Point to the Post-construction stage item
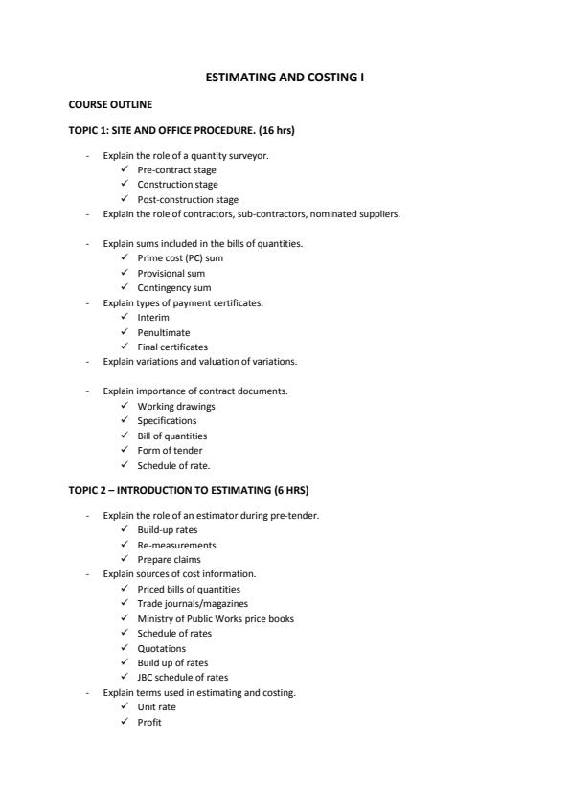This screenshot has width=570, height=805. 188,199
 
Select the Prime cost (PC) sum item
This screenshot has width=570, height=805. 180,257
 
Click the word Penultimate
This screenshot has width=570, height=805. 164,332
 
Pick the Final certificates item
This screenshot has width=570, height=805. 172,347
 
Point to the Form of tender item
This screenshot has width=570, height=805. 170,450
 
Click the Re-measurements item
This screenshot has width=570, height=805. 177,545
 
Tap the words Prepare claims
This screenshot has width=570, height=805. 170,559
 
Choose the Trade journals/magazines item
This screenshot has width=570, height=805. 193,603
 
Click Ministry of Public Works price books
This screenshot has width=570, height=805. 216,618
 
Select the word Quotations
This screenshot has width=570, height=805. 162,648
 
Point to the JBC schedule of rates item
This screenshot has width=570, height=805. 183,677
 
